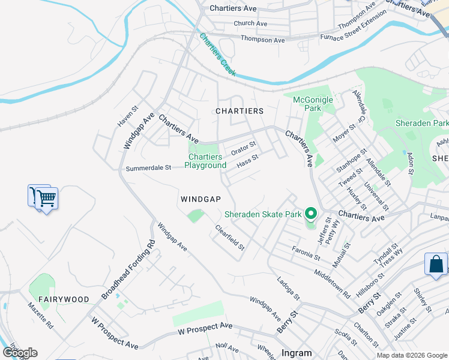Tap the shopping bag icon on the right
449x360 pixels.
coord(436,264)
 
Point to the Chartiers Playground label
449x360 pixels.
coord(205,161)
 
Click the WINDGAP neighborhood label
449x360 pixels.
coord(200,199)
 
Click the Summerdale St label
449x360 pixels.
coord(148,169)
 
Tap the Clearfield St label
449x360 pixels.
coord(231,238)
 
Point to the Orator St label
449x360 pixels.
coord(244,146)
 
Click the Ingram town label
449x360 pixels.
coord(297,353)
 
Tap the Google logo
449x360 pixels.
coord(20,353)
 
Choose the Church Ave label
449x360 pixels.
coord(250,23)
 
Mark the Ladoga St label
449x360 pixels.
coord(288,289)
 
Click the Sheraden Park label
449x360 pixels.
coord(421,123)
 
